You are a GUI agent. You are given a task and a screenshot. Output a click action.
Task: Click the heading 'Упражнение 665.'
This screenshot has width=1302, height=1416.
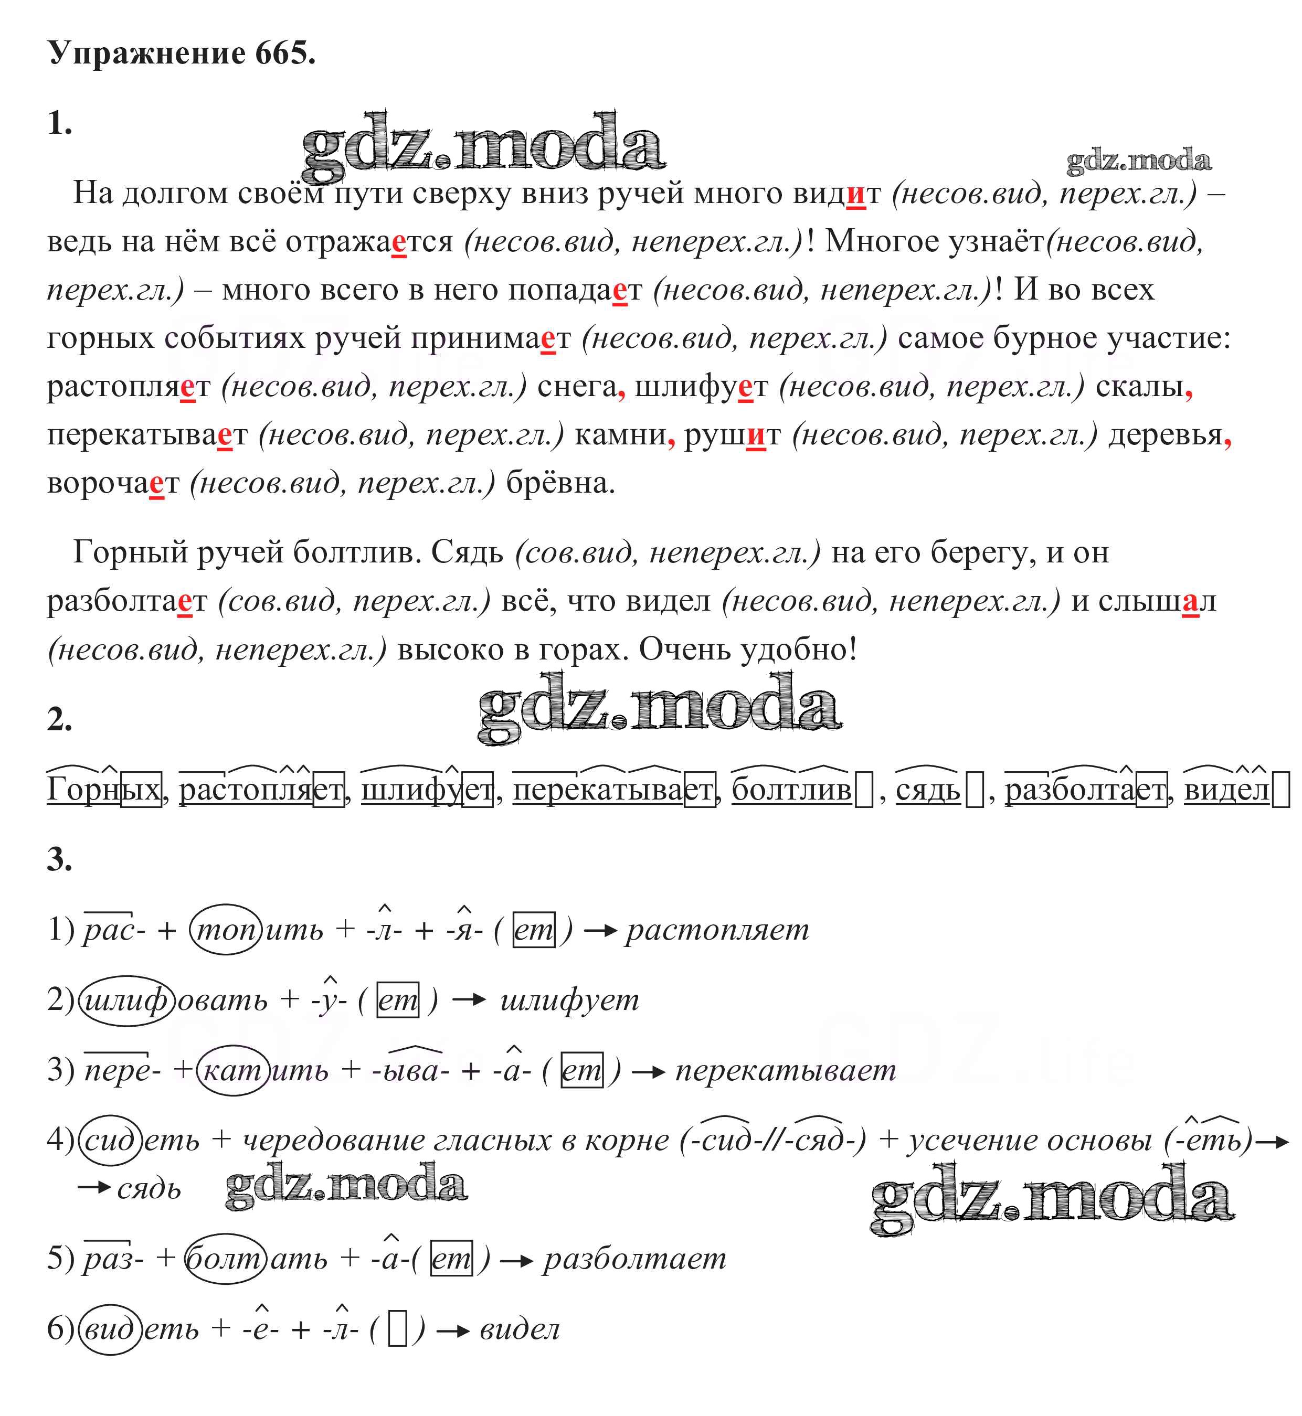click(x=181, y=54)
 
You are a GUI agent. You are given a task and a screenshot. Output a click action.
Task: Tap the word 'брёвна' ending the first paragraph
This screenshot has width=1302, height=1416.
click(x=560, y=483)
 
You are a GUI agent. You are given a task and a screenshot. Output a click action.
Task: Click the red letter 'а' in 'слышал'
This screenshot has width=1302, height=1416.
click(x=1190, y=601)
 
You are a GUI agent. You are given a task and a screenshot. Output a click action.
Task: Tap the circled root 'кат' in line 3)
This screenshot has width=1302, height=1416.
click(x=232, y=1071)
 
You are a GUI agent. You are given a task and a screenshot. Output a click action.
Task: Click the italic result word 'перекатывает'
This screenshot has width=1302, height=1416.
click(x=786, y=1071)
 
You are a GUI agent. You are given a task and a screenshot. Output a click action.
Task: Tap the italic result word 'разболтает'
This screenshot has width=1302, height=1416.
click(x=634, y=1258)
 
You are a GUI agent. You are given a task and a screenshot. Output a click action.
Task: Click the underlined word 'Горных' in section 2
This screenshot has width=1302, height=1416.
click(x=103, y=790)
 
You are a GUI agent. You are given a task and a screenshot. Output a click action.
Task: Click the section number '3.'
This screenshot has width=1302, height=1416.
click(x=59, y=859)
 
